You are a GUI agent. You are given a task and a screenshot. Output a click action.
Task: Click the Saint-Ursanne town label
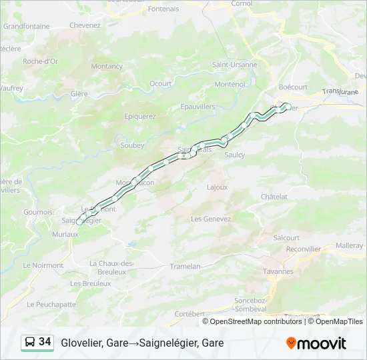[235, 65]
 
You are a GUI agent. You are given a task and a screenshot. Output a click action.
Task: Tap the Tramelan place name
[186, 266]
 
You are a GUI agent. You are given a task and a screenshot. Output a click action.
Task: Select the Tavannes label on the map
[278, 271]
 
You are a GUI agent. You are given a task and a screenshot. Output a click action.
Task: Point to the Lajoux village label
[218, 187]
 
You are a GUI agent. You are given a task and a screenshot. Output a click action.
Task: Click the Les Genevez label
[211, 219]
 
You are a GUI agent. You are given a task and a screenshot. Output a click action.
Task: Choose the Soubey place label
[131, 145]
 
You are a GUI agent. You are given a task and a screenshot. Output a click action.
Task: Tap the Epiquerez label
[140, 116]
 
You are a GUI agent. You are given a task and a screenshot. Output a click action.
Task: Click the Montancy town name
[107, 66]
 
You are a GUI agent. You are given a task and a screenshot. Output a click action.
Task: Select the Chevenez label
[85, 25]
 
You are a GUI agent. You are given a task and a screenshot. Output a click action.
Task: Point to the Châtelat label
[274, 197]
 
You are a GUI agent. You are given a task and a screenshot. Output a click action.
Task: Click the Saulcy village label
[235, 155]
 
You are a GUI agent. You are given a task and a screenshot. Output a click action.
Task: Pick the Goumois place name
[38, 212]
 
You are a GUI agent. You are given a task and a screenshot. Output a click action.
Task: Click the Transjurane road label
[340, 91]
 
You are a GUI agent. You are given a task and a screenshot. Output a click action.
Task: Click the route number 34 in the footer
[45, 342]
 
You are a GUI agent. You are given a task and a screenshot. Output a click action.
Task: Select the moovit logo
[316, 343]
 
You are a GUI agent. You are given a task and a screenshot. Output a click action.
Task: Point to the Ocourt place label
[161, 83]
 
